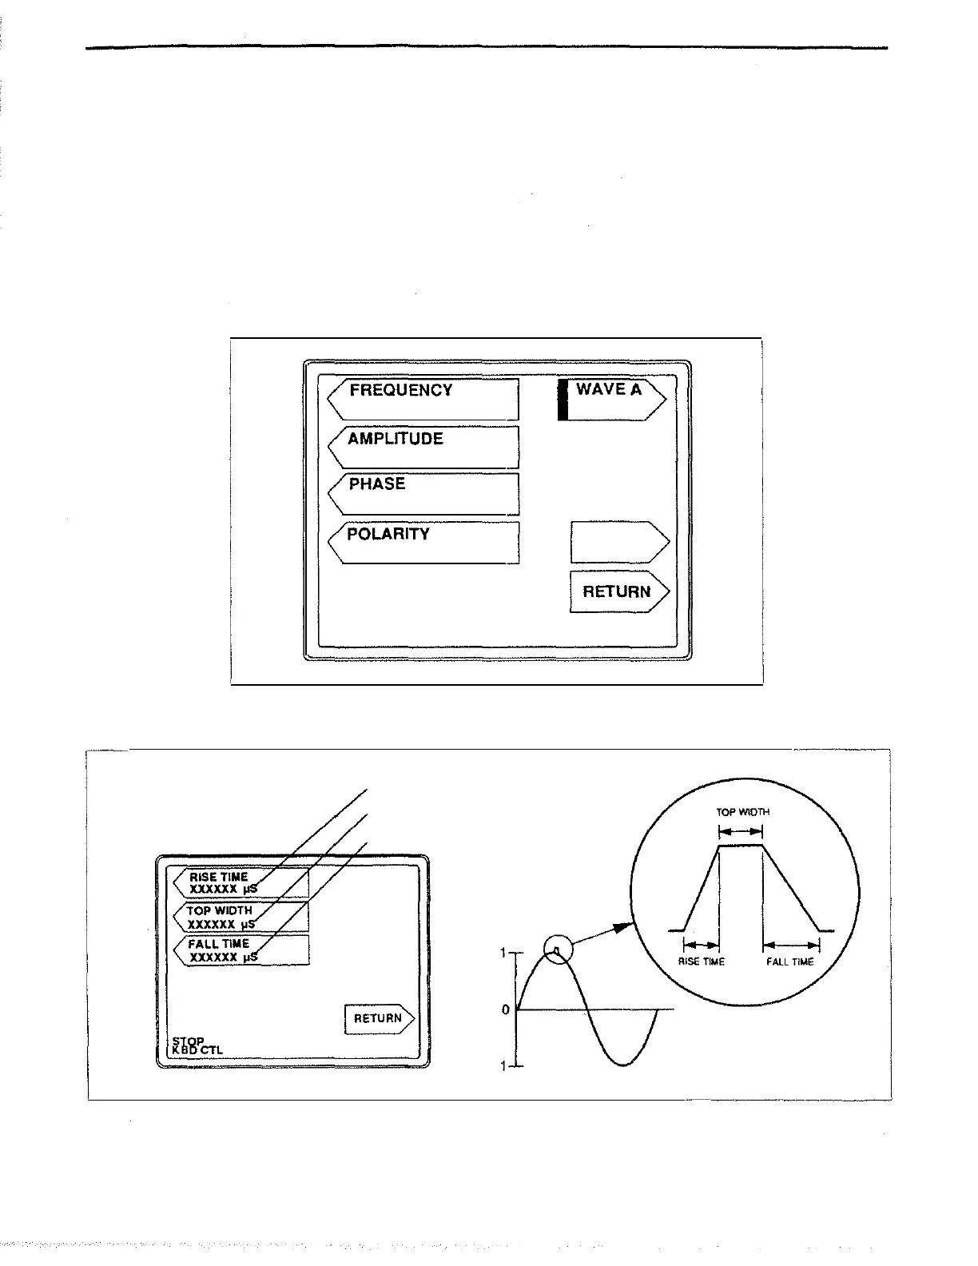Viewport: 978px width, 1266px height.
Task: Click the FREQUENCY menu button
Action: tap(423, 400)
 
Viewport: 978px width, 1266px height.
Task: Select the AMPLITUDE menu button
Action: tap(423, 447)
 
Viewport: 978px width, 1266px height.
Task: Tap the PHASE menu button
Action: tap(423, 494)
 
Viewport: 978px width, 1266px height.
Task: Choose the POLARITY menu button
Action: tap(423, 543)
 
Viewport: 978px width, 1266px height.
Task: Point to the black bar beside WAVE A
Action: tap(563, 400)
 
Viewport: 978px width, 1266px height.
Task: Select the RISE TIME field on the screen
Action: tap(241, 883)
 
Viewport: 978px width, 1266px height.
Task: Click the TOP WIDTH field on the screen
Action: tap(241, 917)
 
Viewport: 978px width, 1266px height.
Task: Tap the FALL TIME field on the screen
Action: tap(241, 950)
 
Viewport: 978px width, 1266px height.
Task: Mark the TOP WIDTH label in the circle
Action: tap(742, 811)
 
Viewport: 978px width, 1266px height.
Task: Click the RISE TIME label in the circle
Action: tap(701, 961)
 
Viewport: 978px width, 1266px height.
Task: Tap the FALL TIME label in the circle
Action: tap(789, 961)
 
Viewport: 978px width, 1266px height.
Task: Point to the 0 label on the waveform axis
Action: tap(505, 1010)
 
